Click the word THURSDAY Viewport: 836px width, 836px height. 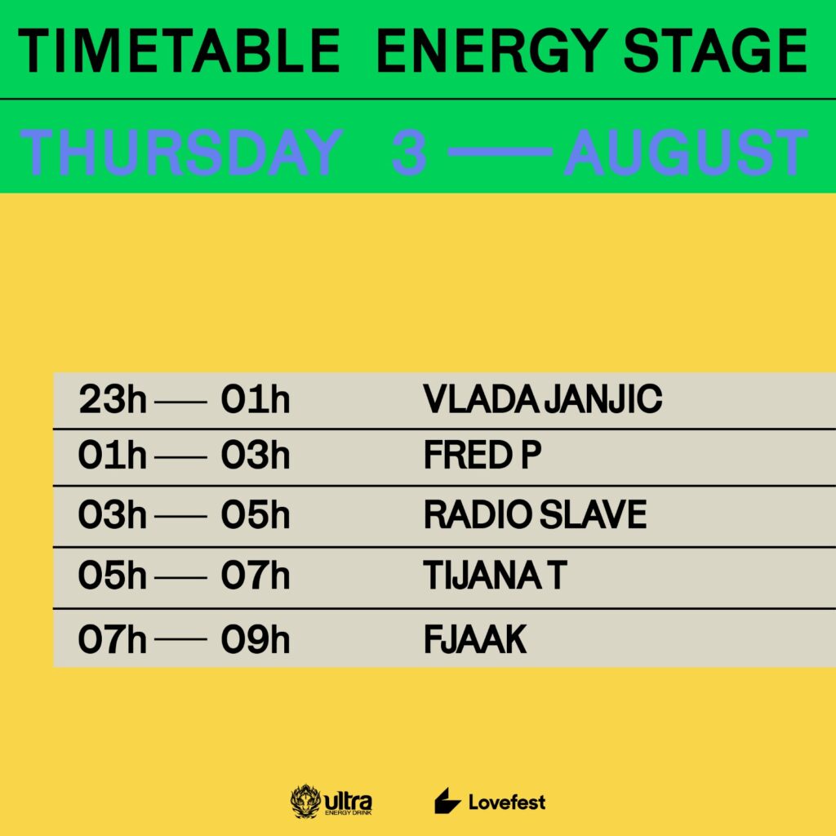(x=180, y=153)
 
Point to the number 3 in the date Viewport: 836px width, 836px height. (x=409, y=153)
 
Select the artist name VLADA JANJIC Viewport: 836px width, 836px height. (x=543, y=400)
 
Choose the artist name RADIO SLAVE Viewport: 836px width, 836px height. (x=535, y=515)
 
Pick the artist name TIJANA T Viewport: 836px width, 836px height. (x=495, y=576)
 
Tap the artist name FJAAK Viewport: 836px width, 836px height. (x=475, y=639)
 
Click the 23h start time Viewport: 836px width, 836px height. (x=113, y=400)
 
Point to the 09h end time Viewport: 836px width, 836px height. (x=256, y=639)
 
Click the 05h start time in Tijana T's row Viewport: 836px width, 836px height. (x=113, y=576)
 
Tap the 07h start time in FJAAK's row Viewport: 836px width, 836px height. (x=113, y=639)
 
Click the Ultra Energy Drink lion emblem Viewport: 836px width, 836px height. (x=306, y=802)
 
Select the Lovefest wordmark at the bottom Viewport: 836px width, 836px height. (x=506, y=802)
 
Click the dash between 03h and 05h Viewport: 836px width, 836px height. (x=180, y=516)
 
